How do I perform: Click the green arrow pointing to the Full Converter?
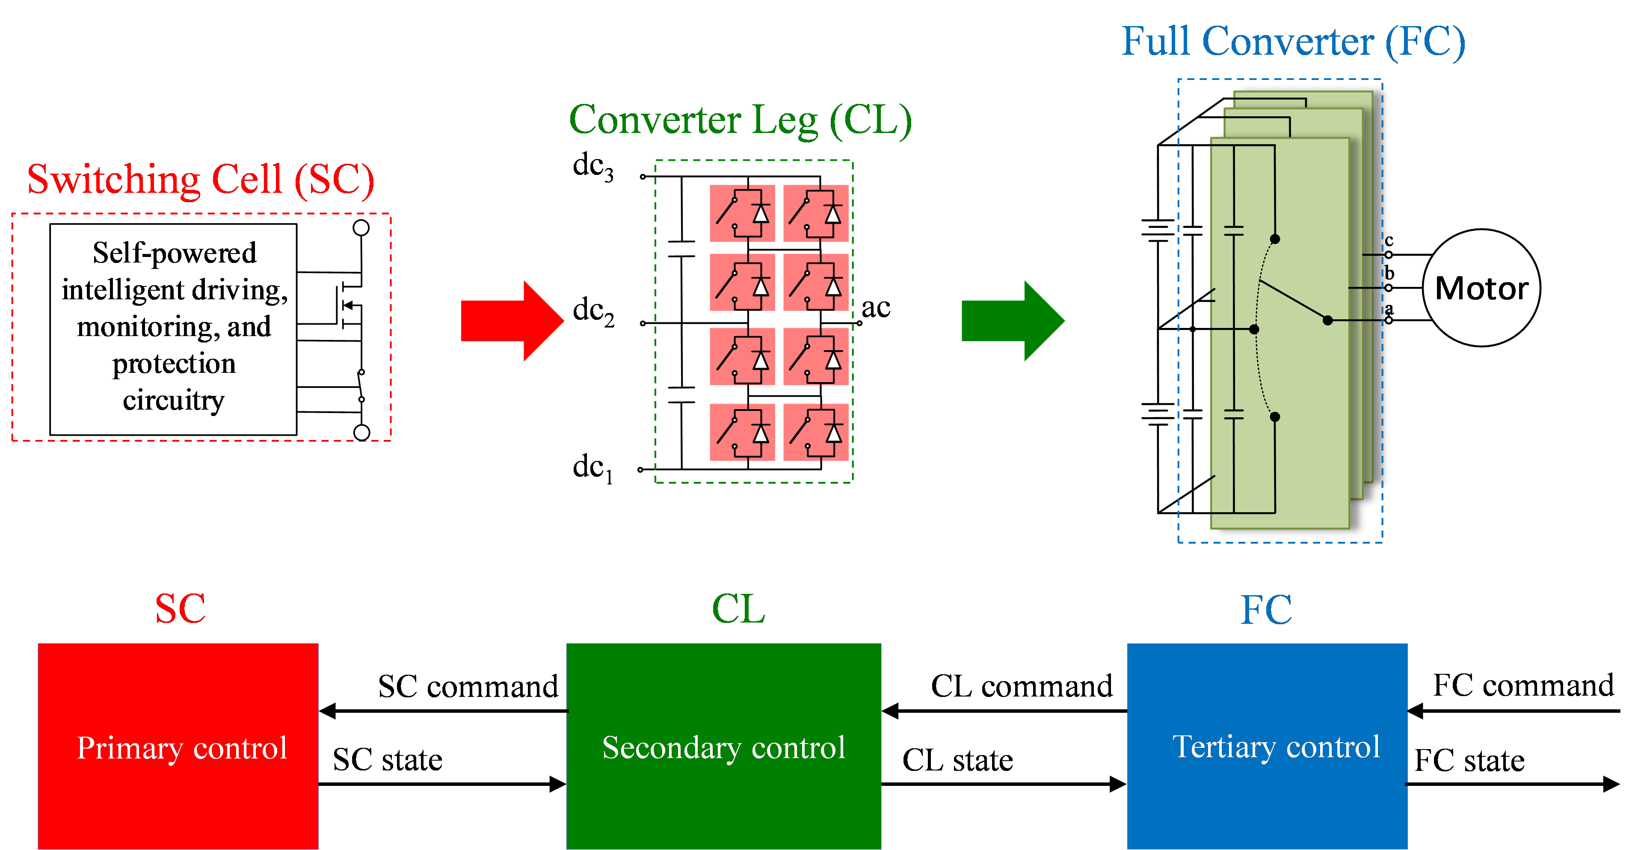pyautogui.click(x=1011, y=321)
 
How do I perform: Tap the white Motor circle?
pyautogui.click(x=1481, y=288)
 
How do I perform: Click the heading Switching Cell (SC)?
pyautogui.click(x=200, y=179)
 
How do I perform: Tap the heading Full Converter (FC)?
pyautogui.click(x=1293, y=41)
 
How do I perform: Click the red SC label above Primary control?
pyautogui.click(x=181, y=608)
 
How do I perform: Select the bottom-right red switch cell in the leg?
pyautogui.click(x=816, y=432)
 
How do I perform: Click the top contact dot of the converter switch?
pyautogui.click(x=1275, y=239)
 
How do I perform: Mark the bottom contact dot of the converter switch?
pyautogui.click(x=1275, y=417)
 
